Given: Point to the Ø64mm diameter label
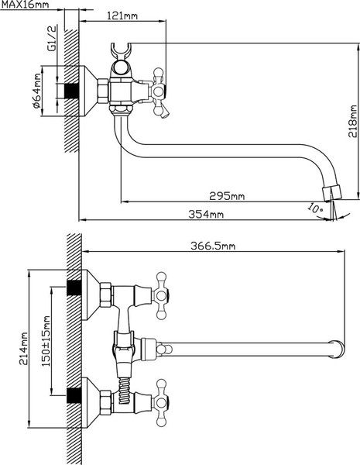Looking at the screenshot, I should [x=37, y=91].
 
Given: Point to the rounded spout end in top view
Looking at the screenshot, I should [x=338, y=350].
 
